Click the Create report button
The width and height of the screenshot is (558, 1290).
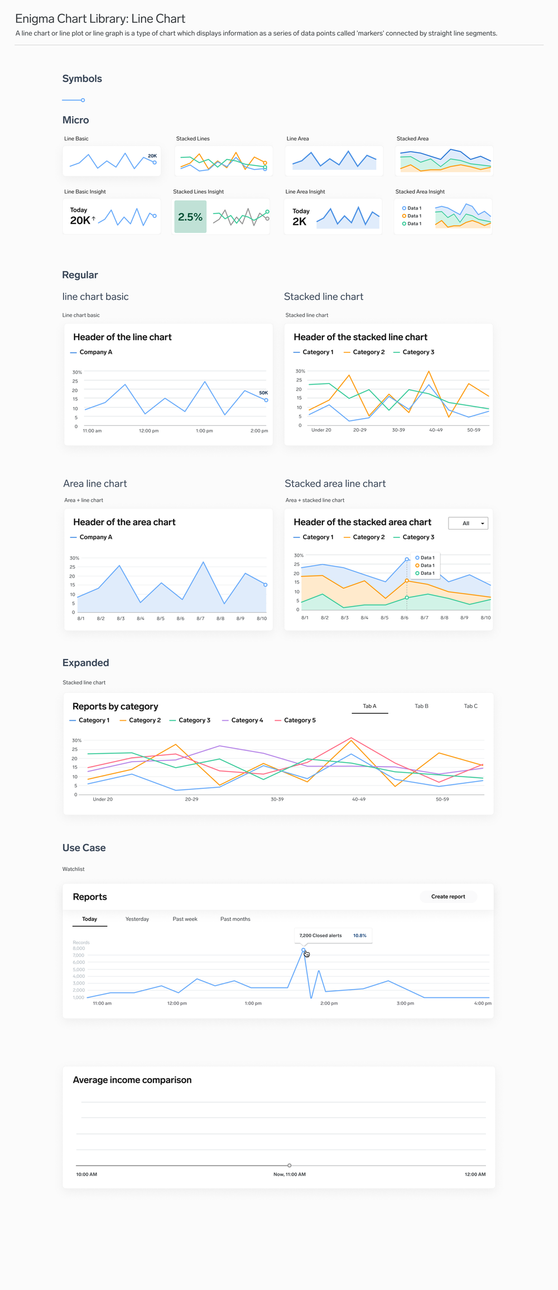click(448, 896)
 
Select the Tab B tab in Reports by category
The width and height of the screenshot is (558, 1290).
click(421, 706)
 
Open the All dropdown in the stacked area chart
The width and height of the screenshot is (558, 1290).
click(468, 523)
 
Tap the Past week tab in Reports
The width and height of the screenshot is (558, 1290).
click(185, 919)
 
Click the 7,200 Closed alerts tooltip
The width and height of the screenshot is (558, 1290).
click(333, 935)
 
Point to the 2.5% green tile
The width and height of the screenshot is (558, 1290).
click(190, 217)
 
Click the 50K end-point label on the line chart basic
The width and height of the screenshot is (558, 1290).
click(263, 392)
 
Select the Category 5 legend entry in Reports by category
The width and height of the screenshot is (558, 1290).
click(299, 720)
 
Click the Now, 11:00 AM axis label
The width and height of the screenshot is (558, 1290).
click(289, 1174)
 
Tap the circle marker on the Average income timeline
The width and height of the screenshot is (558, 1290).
click(289, 1165)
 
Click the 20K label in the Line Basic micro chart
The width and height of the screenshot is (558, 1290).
click(152, 156)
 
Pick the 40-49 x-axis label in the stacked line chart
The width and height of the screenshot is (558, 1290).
click(436, 430)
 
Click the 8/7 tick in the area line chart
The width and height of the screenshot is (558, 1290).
click(200, 618)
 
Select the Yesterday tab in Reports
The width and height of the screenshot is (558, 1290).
click(137, 919)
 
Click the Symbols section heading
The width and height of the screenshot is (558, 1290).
click(82, 79)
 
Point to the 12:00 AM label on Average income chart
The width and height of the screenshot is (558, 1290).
click(475, 1174)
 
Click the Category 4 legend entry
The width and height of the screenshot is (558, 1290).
click(247, 720)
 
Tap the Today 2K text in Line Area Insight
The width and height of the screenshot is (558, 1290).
click(300, 217)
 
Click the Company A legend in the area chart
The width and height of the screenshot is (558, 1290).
click(95, 537)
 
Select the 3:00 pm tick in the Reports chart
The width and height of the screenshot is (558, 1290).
click(405, 1003)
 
